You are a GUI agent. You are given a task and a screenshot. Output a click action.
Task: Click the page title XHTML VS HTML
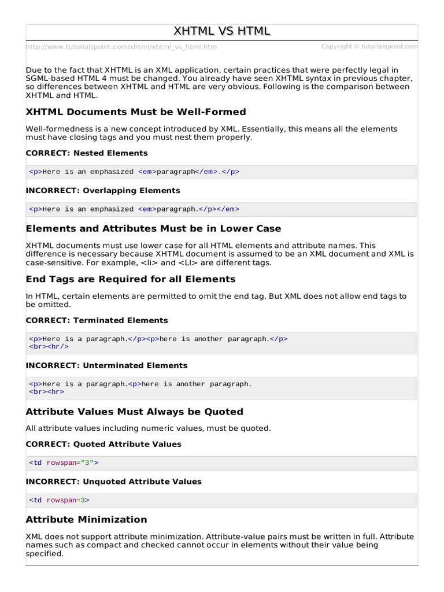point(222,31)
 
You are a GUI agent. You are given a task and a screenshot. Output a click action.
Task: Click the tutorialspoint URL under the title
point(121,47)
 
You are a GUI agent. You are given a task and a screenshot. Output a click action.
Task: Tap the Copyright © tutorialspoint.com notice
point(369,46)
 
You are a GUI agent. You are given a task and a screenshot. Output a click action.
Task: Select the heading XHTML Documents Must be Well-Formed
point(136,112)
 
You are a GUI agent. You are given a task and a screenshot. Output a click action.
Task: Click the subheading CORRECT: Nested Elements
point(87,153)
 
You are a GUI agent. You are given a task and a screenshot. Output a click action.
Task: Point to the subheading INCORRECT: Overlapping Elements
point(103,190)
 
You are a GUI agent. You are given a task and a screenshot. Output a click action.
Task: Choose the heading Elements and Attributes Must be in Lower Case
point(153,228)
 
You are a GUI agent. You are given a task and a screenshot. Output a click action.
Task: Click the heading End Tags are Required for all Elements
point(131,279)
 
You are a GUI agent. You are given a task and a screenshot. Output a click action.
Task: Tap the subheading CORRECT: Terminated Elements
point(97,320)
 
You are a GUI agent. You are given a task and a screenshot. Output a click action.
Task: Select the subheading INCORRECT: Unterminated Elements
point(106,365)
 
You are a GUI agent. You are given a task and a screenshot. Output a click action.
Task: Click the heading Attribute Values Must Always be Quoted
point(134,412)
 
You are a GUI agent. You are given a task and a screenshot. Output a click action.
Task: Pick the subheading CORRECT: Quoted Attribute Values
point(103,444)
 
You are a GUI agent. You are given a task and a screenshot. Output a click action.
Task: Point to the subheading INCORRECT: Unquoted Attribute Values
point(113,482)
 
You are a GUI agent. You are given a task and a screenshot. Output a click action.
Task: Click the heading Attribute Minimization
point(86,519)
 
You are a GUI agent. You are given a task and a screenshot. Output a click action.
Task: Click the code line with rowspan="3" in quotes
point(64,463)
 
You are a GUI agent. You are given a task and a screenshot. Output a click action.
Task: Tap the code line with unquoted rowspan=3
point(60,500)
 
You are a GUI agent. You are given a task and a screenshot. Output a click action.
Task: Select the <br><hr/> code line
point(49,347)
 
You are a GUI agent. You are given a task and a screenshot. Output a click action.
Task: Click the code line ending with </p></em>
point(134,209)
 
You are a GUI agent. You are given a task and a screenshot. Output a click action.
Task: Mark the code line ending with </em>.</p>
point(134,172)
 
